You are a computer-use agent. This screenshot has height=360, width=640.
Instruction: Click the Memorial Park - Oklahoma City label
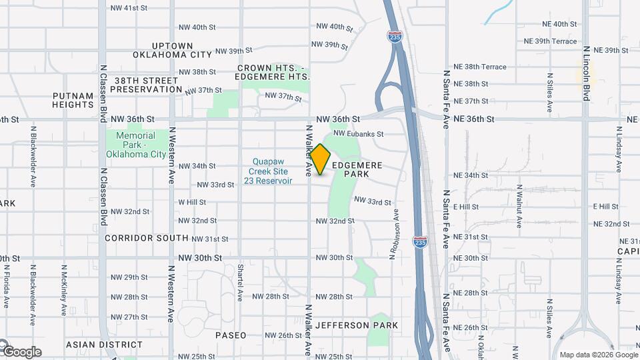(x=135, y=145)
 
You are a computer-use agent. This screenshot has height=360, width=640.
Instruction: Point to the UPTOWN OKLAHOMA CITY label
(x=172, y=50)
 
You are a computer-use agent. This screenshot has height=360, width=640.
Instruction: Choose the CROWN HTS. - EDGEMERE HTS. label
(x=274, y=72)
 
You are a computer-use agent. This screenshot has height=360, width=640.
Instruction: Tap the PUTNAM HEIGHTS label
(x=73, y=100)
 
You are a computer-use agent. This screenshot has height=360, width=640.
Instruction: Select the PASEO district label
(x=231, y=335)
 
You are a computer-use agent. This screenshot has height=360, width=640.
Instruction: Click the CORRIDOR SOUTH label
(x=147, y=238)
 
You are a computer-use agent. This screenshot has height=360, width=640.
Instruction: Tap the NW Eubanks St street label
(x=359, y=133)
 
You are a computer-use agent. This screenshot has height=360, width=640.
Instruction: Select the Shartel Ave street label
(x=239, y=281)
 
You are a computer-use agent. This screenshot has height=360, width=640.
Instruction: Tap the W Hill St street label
(x=192, y=202)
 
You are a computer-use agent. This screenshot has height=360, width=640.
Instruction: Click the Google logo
(x=21, y=351)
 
